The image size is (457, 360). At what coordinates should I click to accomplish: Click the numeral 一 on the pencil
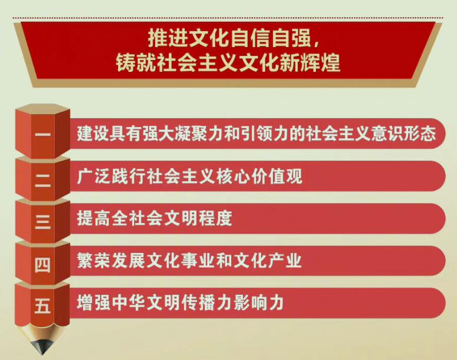[x=42, y=135]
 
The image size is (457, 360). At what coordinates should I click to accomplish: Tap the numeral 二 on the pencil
[x=42, y=177]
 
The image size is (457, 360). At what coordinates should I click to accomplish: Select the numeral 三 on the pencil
[x=42, y=220]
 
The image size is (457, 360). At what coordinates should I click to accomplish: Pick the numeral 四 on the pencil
[x=42, y=263]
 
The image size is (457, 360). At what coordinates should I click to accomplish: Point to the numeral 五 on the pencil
[x=42, y=305]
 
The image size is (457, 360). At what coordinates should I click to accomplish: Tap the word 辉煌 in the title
[x=322, y=62]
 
